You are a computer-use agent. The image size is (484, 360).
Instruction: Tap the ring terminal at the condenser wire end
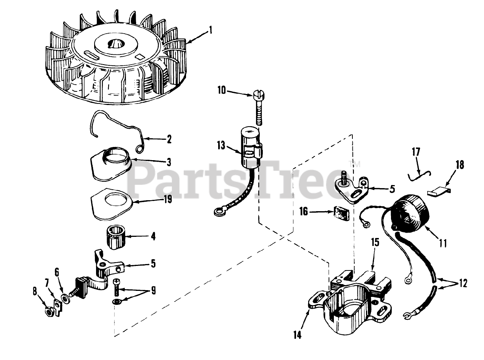[218, 213]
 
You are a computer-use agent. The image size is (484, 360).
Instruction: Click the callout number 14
[298, 335]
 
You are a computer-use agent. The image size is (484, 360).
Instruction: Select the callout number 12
[463, 283]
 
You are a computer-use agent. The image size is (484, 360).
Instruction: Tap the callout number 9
[153, 290]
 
